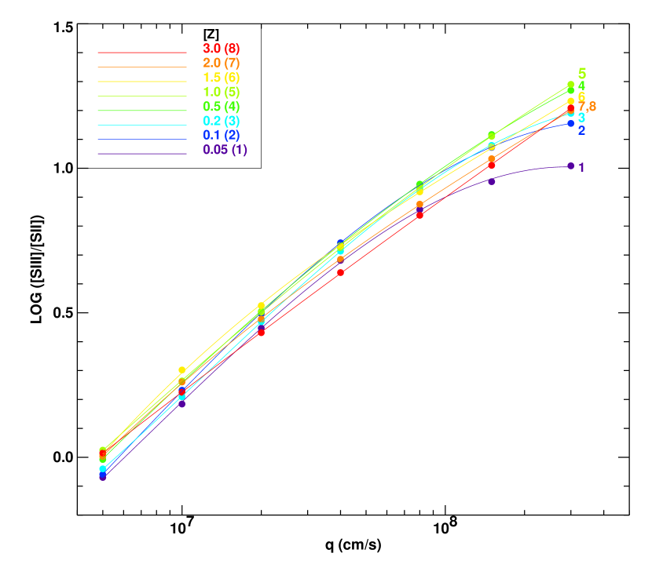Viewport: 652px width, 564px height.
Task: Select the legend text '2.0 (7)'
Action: [x=222, y=63]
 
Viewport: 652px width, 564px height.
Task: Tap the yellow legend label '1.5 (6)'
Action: [x=222, y=78]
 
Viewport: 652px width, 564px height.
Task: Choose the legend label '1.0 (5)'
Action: [x=222, y=92]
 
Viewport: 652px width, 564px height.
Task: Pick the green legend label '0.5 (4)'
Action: [x=222, y=107]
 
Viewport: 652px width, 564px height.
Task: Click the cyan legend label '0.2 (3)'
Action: [x=222, y=121]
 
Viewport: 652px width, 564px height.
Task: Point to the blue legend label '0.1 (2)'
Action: [x=222, y=135]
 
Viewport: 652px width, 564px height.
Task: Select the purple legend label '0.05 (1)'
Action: [x=225, y=150]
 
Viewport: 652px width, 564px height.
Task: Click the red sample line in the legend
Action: [x=141, y=53]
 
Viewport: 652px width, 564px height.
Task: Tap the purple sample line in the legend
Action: [x=141, y=154]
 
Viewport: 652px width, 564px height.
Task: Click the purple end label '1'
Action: [x=581, y=168]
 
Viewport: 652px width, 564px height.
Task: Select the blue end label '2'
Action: [x=581, y=130]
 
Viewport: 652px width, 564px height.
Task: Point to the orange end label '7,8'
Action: [x=587, y=107]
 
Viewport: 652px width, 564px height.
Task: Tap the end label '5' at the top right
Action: [x=582, y=73]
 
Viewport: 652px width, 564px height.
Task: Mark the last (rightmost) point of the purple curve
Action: [x=571, y=166]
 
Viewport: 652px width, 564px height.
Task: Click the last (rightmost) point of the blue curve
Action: [x=571, y=123]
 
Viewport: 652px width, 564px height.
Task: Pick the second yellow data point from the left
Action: [x=182, y=369]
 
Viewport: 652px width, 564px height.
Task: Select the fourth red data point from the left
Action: [x=340, y=272]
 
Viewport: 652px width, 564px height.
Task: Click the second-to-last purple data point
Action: [x=492, y=181]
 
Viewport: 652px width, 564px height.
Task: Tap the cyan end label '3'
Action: [x=581, y=118]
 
